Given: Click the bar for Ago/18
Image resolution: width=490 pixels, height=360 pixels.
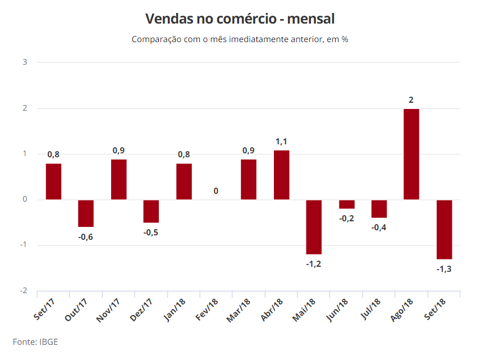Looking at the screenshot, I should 411,154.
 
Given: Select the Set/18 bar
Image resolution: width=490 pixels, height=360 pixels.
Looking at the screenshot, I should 444,229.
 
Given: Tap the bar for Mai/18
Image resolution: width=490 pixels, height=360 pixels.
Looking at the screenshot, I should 314,227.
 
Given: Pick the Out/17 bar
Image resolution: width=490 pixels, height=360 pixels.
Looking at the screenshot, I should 86,213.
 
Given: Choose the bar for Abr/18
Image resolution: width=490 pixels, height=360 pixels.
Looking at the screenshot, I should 282,175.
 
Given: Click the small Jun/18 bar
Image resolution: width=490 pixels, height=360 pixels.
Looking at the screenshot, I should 346,204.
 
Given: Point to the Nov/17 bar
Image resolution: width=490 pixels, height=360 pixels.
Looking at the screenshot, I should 119,179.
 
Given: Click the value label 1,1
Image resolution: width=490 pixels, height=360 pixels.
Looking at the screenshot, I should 281,142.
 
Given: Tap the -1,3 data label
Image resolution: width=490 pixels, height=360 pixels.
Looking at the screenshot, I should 444,268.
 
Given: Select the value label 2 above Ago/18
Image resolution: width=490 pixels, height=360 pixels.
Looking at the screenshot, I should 411,100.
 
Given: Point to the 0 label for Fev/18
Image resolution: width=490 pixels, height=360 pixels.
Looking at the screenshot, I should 216,191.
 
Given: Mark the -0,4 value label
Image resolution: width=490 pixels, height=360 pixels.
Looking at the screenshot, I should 379,227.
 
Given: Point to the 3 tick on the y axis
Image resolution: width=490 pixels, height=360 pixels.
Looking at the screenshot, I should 25,62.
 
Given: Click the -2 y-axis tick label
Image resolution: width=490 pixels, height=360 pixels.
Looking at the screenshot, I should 23,291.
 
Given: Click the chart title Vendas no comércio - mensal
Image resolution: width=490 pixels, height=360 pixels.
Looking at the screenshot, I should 240,19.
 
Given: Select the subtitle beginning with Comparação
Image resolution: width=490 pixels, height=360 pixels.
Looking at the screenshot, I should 240,39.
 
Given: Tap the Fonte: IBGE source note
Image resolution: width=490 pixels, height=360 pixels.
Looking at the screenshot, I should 35,341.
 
